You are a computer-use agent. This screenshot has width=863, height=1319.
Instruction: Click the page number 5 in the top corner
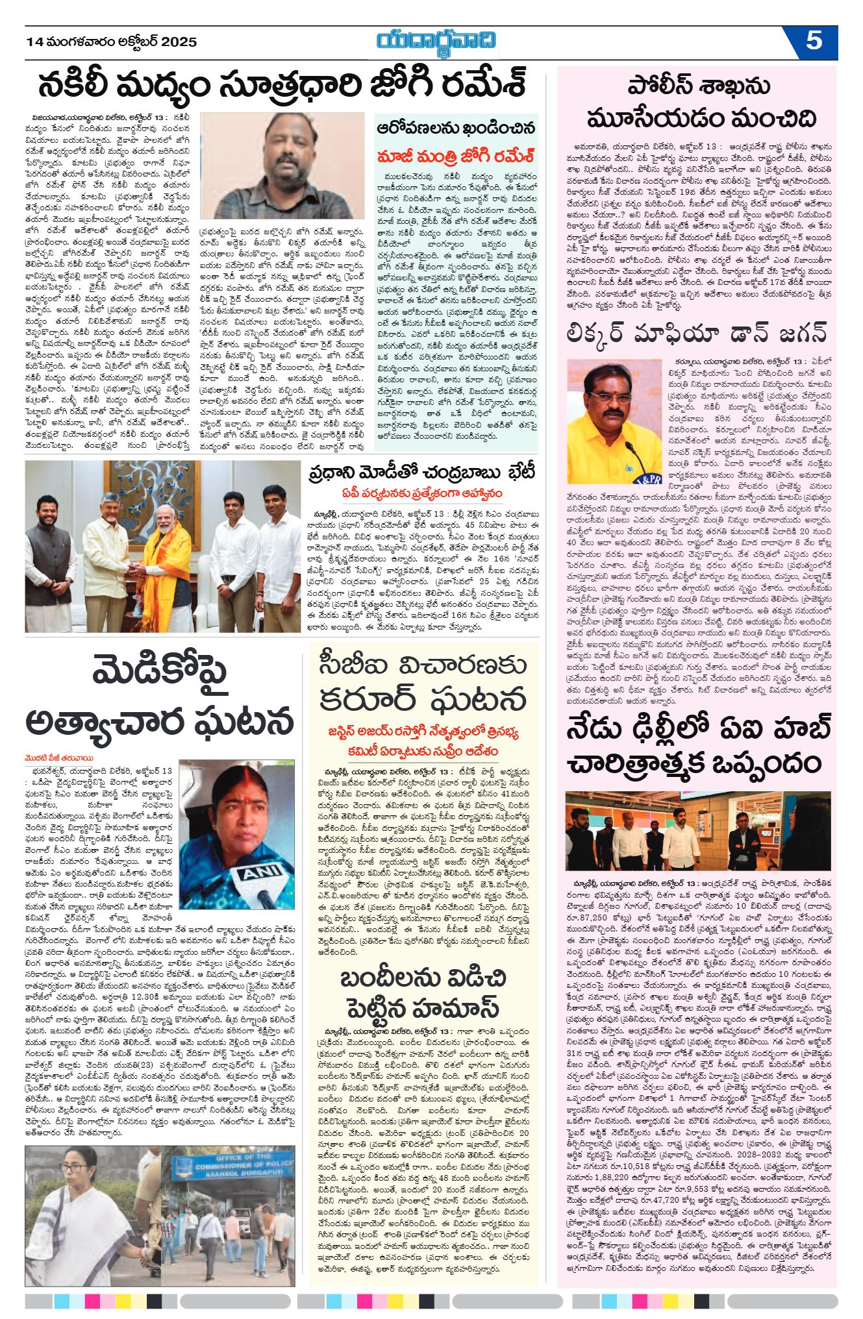click(814, 41)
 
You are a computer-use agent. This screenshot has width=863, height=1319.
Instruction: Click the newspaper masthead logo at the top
click(437, 41)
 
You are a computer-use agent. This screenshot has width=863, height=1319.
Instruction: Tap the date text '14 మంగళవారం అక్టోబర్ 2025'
click(111, 42)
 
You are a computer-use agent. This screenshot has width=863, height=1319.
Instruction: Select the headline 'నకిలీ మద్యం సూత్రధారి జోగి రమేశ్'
click(281, 85)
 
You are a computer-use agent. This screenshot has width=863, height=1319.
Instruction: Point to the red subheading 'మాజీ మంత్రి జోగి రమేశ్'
click(456, 156)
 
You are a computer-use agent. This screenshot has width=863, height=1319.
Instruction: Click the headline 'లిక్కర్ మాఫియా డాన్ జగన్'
click(697, 332)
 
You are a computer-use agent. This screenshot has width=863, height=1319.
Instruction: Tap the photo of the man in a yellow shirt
click(614, 421)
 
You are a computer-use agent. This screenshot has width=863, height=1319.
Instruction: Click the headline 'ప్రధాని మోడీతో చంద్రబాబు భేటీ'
click(422, 473)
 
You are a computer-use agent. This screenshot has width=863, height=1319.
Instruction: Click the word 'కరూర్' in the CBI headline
click(367, 699)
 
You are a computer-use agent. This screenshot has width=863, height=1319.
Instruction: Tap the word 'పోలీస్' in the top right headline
click(662, 86)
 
